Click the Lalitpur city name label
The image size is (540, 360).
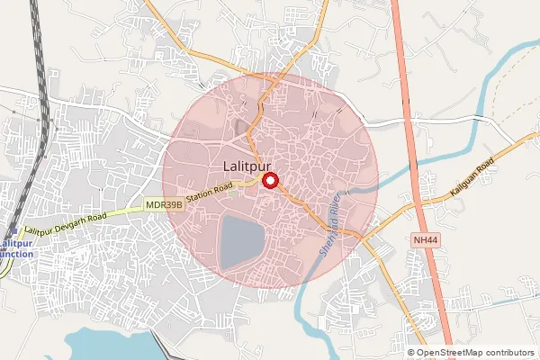point(247,166)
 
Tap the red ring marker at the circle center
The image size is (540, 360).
point(269,181)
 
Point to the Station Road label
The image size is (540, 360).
point(210,192)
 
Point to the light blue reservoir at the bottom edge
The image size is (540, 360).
point(108,345)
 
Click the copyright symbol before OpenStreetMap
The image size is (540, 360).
point(411,353)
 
